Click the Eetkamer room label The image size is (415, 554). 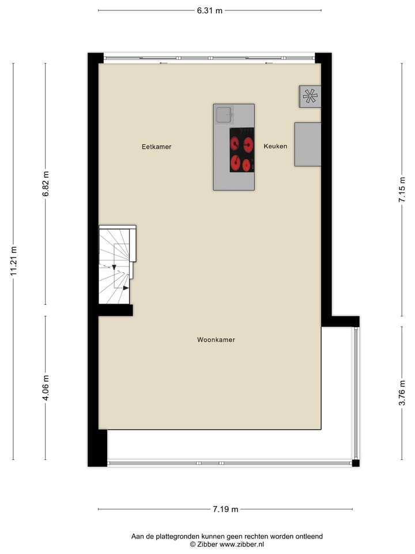(157, 147)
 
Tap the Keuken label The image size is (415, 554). (276, 146)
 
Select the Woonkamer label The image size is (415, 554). (216, 340)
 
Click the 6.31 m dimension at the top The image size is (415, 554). (210, 10)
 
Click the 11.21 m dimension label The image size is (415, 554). (13, 261)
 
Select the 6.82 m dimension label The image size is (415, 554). (46, 184)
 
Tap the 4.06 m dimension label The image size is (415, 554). (46, 388)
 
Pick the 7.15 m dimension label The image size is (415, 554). (402, 189)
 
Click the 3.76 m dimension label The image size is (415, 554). (402, 393)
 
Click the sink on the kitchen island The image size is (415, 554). (223, 115)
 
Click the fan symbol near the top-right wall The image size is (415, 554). (310, 96)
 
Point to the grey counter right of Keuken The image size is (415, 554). (307, 144)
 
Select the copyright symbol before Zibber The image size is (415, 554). (194, 544)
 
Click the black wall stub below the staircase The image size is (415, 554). (115, 310)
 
